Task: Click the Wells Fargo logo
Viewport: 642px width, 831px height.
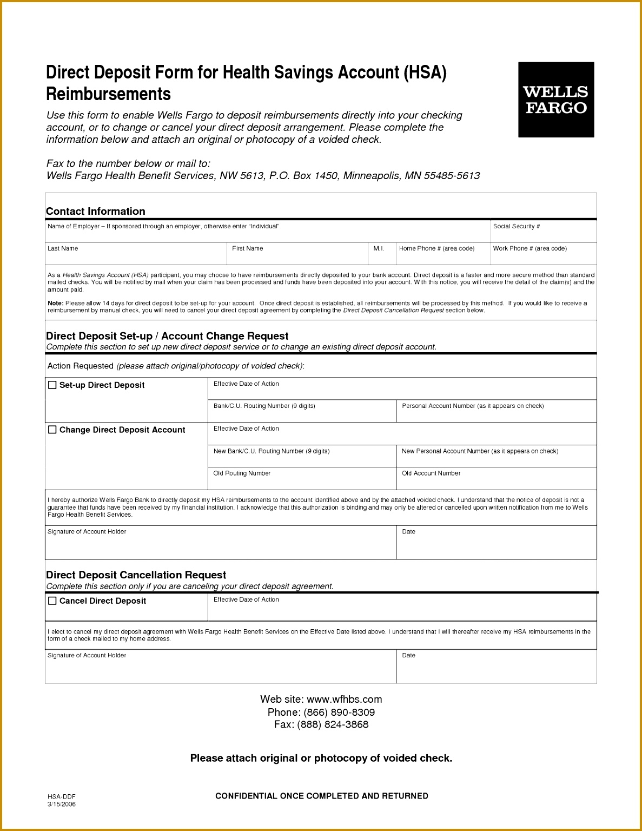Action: [x=555, y=100]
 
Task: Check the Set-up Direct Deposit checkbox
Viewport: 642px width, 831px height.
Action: [x=52, y=385]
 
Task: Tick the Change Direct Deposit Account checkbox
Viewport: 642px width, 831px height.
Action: [x=52, y=430]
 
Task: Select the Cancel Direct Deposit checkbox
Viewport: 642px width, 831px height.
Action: [x=52, y=601]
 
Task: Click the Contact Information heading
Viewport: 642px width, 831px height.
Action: [x=96, y=212]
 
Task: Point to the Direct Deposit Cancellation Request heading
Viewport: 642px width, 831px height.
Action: [x=136, y=575]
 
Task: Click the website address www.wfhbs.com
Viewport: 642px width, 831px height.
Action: [x=344, y=699]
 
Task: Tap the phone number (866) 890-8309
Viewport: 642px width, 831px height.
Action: [x=339, y=712]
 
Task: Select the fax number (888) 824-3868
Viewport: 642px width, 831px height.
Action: [x=333, y=724]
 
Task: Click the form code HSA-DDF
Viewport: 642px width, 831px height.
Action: [x=62, y=796]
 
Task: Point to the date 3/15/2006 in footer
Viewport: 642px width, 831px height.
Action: [x=62, y=804]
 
